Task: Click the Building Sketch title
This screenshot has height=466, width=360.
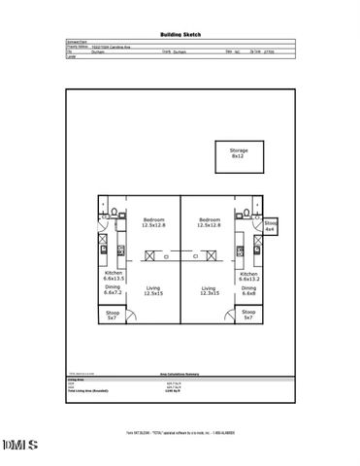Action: pos(180,31)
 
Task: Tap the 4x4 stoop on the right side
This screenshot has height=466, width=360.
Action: pos(271,228)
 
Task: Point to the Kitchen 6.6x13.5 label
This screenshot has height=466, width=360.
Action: pos(115,276)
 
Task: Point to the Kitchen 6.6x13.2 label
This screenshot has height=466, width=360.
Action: pos(248,276)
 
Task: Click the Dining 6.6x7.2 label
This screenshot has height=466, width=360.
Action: pos(115,291)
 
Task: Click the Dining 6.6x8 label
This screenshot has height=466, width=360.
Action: pos(248,291)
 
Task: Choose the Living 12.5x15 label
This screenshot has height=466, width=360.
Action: pos(153,291)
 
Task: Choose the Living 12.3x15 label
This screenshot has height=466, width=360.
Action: pos(208,291)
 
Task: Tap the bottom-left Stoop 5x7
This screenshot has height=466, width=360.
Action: pos(113,316)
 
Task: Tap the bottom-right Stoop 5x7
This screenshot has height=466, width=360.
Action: pos(248,316)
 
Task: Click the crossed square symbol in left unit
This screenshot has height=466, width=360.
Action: pos(150,255)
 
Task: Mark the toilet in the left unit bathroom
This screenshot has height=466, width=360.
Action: pos(115,211)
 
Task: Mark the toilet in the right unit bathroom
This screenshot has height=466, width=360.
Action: pos(248,211)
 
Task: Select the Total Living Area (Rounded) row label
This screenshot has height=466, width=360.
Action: pos(89,389)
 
